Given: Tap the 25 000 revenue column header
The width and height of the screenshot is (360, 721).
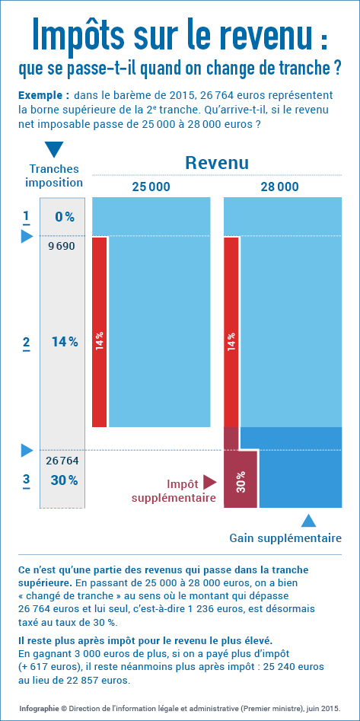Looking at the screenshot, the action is (151, 187).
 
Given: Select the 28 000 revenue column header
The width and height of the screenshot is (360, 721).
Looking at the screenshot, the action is (279, 187).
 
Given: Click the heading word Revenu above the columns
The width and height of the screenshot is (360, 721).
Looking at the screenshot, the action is (217, 163).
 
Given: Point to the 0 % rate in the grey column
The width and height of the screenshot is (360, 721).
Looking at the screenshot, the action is (65, 216).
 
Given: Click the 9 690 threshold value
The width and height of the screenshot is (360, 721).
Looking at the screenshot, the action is (61, 247).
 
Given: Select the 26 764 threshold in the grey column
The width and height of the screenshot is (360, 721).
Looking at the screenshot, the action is (62, 461).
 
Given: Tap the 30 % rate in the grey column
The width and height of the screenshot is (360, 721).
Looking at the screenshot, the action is (64, 480).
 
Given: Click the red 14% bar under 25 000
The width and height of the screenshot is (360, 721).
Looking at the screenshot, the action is (100, 332).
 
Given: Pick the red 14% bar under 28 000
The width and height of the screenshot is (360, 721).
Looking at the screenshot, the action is (231, 332).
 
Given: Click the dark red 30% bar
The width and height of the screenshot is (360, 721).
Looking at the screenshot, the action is (241, 479).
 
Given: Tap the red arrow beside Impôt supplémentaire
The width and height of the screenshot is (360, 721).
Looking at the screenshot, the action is (209, 482).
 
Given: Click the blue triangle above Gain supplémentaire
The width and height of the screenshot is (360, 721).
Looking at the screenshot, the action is (308, 520).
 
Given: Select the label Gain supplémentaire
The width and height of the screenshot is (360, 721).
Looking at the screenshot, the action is (285, 538).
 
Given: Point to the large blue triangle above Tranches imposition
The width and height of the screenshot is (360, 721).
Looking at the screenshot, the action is (55, 150).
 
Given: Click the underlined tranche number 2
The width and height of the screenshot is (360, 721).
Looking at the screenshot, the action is (26, 343).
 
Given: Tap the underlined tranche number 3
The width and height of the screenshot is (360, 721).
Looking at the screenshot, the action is (26, 481).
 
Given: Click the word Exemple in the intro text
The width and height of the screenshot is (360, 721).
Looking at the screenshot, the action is (43, 96).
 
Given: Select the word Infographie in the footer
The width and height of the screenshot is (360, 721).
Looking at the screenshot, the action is (39, 708).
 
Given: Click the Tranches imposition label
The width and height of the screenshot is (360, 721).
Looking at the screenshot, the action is (54, 176).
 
